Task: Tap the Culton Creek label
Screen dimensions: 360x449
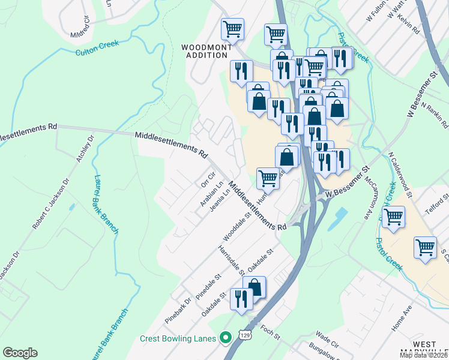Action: [97, 48]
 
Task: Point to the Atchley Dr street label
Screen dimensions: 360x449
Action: [85, 152]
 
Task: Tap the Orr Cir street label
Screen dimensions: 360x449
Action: [208, 178]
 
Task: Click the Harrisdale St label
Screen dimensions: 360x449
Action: [230, 259]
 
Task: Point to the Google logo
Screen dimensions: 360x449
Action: [20, 352]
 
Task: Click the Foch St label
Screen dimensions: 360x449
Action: [270, 332]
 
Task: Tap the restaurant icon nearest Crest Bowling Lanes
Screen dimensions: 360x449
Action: [242, 299]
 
